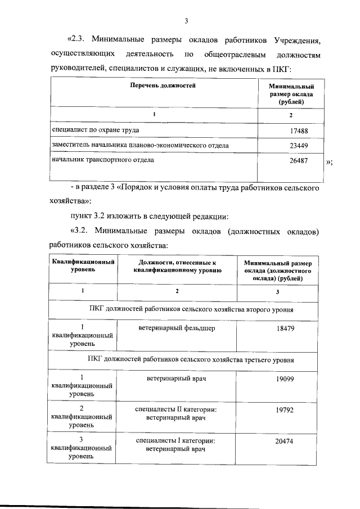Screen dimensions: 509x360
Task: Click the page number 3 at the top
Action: (x=186, y=21)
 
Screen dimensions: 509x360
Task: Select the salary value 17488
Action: (x=296, y=131)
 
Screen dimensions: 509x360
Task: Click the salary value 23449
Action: (x=296, y=146)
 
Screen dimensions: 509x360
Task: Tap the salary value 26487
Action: (x=296, y=160)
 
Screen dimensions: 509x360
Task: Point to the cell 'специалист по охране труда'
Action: (x=96, y=130)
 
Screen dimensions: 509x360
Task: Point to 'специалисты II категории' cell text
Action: (x=177, y=411)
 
